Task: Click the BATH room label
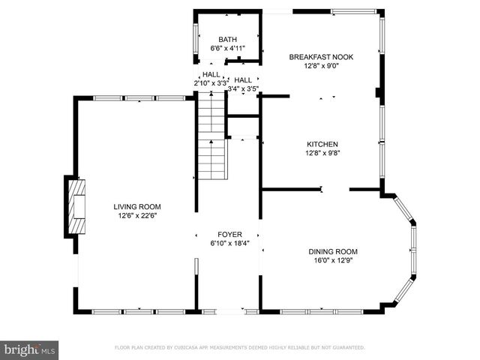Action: (x=227, y=40)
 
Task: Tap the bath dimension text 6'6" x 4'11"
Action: (x=227, y=49)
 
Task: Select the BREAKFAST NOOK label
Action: (x=321, y=56)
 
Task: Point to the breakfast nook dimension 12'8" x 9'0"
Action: (x=321, y=65)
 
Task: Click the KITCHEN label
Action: (x=322, y=144)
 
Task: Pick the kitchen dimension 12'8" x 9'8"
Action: (x=322, y=153)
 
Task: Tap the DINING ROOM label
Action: (x=333, y=251)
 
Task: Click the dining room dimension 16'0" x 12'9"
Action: (x=333, y=260)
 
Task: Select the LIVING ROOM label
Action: (x=137, y=206)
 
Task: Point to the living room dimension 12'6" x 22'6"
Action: (x=137, y=215)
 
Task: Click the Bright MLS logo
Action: (x=30, y=349)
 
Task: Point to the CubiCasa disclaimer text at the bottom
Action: (x=239, y=348)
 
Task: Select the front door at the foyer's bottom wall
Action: (x=230, y=311)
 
